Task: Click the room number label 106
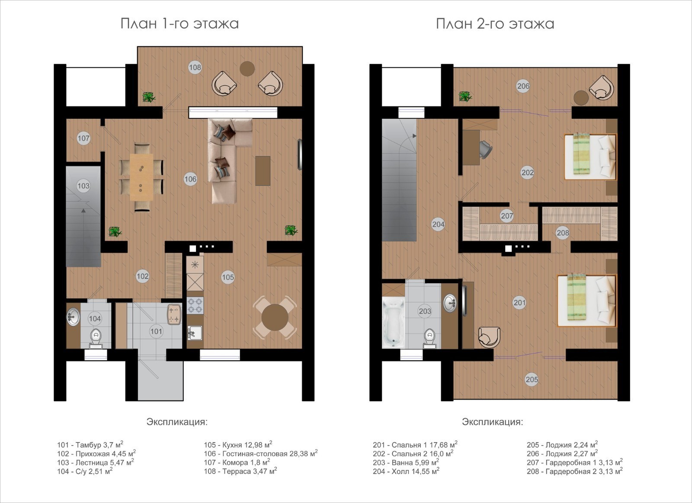pos(190,179)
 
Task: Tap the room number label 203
pos(425,311)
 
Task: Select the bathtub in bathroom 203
pos(393,322)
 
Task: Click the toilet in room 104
pos(96,338)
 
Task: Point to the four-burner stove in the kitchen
pos(195,306)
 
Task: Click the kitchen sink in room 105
pos(195,333)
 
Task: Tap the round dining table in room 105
pos(275,318)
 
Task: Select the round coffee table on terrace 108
pos(247,69)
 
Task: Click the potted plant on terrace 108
pos(149,97)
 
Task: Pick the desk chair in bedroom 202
pos(485,149)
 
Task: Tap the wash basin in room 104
pos(73,317)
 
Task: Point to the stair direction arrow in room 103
pos(83,211)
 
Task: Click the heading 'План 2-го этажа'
pos(495,24)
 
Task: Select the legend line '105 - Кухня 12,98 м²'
pos(238,445)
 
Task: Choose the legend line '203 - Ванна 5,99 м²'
pos(406,462)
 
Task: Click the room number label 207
pos(507,216)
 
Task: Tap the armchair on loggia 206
pos(601,87)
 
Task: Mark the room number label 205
pos(532,379)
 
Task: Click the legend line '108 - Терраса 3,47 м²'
pos(240,471)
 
